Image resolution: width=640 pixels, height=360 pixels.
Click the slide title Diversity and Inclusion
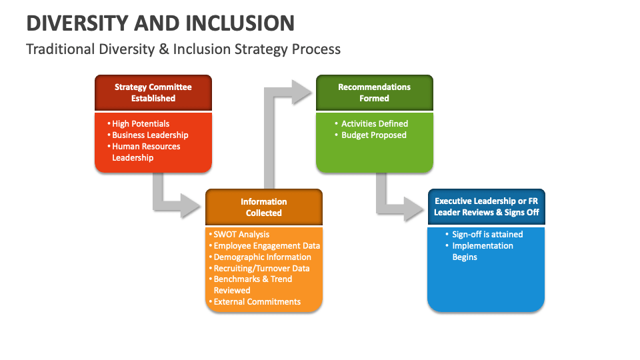coord(160,23)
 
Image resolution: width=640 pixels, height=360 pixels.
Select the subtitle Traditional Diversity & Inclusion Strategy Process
coord(183,49)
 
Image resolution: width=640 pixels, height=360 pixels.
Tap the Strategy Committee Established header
coord(153,93)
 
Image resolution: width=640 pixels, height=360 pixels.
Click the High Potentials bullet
coord(140,123)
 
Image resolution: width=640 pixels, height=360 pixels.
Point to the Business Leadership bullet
coord(150,135)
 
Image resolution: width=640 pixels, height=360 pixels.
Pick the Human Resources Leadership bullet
coord(145,152)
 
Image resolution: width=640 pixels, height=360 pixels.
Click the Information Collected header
coord(263,207)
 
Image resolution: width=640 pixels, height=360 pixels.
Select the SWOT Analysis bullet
coord(241,234)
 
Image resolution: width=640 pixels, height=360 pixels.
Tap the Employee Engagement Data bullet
coord(267,245)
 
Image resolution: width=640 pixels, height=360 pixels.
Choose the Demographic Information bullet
coord(262,257)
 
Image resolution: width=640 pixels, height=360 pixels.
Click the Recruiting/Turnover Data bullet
coord(261,268)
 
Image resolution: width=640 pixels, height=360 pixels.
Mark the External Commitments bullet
coord(257,301)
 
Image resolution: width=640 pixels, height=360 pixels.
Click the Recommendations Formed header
coord(374,93)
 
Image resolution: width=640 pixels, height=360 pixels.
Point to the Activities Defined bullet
coord(374,123)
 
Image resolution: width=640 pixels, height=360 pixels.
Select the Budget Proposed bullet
coord(373,135)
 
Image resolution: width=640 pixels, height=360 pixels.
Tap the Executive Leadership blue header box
coord(486,207)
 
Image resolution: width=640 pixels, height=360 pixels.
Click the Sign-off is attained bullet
coord(487,234)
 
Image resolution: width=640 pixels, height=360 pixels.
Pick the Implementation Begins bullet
coord(482,251)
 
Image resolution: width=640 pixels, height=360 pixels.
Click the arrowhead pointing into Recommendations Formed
coord(302,92)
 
